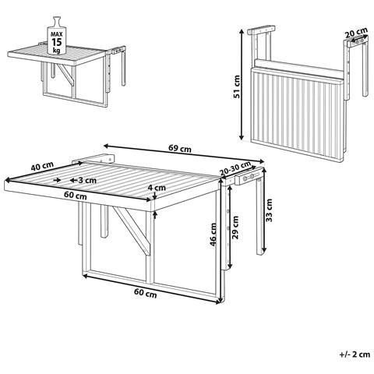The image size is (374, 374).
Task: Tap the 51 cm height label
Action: click(x=237, y=86)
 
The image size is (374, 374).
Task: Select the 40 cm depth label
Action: click(x=42, y=166)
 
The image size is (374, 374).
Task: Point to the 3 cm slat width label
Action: click(x=87, y=180)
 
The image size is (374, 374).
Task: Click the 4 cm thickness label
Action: click(x=157, y=187)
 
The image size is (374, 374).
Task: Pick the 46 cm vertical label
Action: click(x=213, y=235)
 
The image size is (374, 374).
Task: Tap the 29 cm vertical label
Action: click(x=235, y=228)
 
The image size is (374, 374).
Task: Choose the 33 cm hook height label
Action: click(x=270, y=210)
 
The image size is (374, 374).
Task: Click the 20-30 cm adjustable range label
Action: click(x=235, y=168)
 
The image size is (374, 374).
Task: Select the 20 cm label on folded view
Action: click(x=356, y=33)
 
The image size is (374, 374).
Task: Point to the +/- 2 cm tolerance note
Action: click(x=355, y=355)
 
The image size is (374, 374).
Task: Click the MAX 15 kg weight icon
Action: click(x=56, y=36)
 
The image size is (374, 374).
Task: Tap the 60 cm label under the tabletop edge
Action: click(x=76, y=196)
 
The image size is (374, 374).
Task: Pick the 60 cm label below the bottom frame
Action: click(x=146, y=293)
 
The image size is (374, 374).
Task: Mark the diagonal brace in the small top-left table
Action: click(x=65, y=75)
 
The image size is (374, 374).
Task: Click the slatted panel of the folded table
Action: click(x=296, y=112)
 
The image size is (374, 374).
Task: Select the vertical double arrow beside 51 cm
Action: click(x=242, y=84)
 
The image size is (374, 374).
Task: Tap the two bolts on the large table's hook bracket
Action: click(x=249, y=178)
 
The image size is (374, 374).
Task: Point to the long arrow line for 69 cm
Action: click(x=184, y=153)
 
